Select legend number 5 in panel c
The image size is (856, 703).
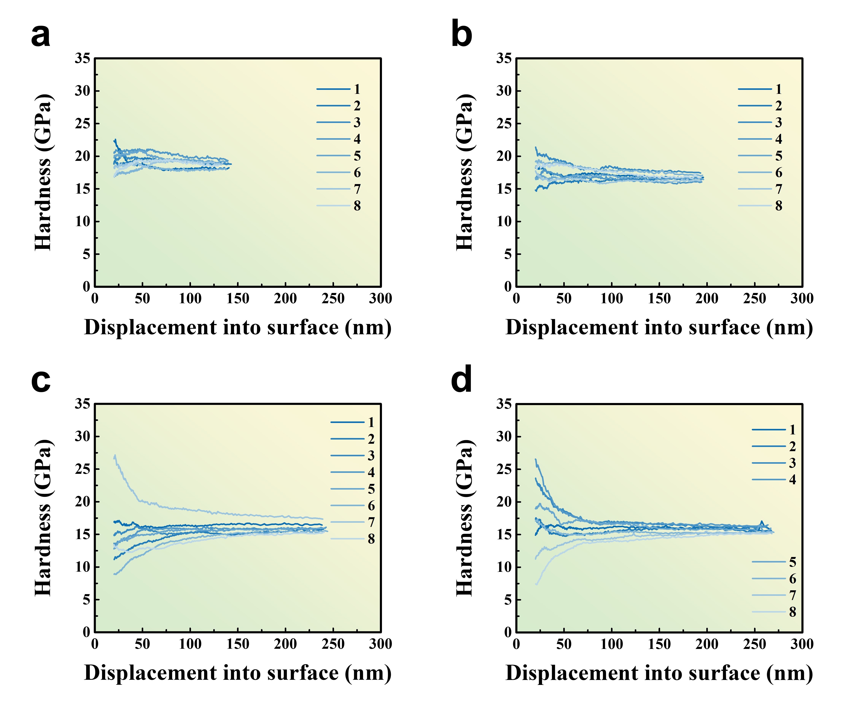371,489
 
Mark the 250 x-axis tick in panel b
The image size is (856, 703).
754,299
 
